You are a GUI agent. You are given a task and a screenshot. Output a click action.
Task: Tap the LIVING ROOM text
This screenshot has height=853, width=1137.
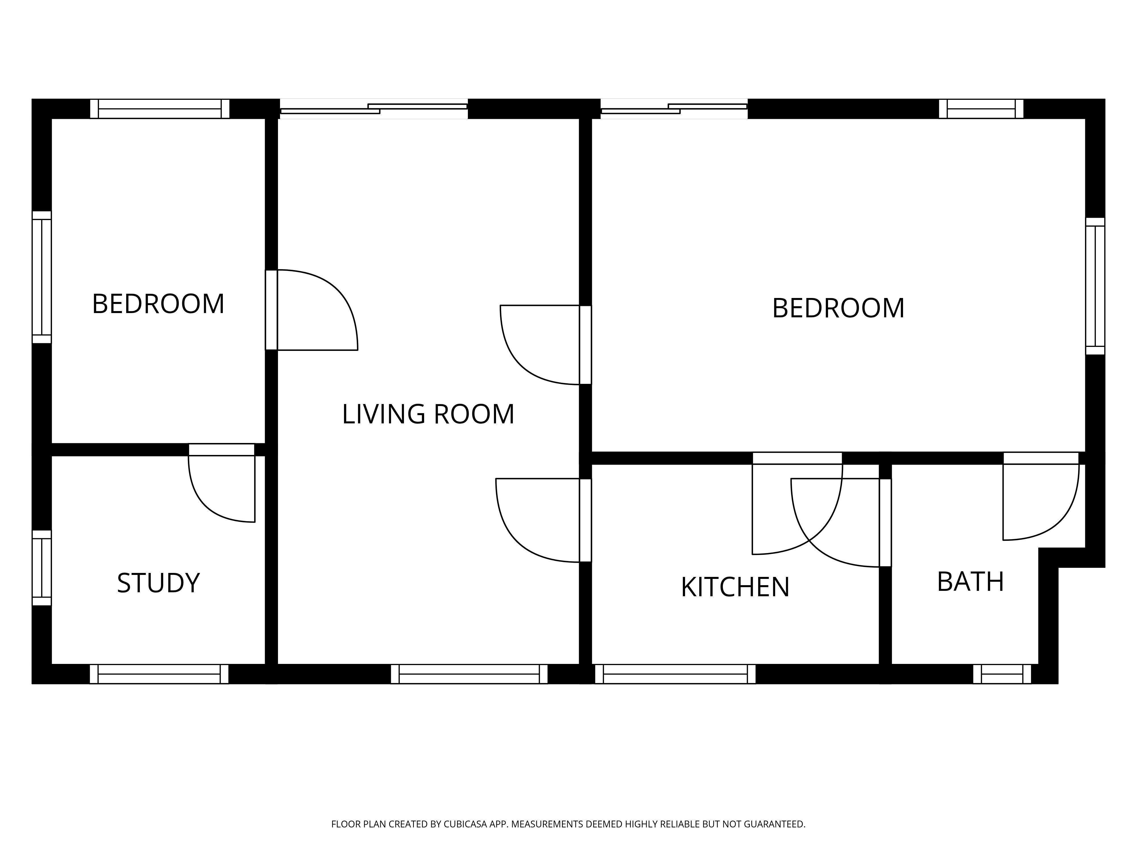428,415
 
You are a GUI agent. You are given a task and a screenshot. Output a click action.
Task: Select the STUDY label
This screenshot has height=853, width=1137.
158,583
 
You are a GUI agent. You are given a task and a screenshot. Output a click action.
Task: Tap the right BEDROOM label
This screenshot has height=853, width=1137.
838,309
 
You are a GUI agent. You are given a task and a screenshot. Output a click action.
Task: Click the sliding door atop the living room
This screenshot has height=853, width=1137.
374,109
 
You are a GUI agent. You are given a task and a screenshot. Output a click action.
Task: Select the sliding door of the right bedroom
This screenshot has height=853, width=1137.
674,109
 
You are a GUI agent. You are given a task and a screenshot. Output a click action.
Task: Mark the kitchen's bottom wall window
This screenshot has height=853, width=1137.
675,674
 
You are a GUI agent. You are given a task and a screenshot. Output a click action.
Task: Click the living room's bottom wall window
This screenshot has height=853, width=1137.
469,674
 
